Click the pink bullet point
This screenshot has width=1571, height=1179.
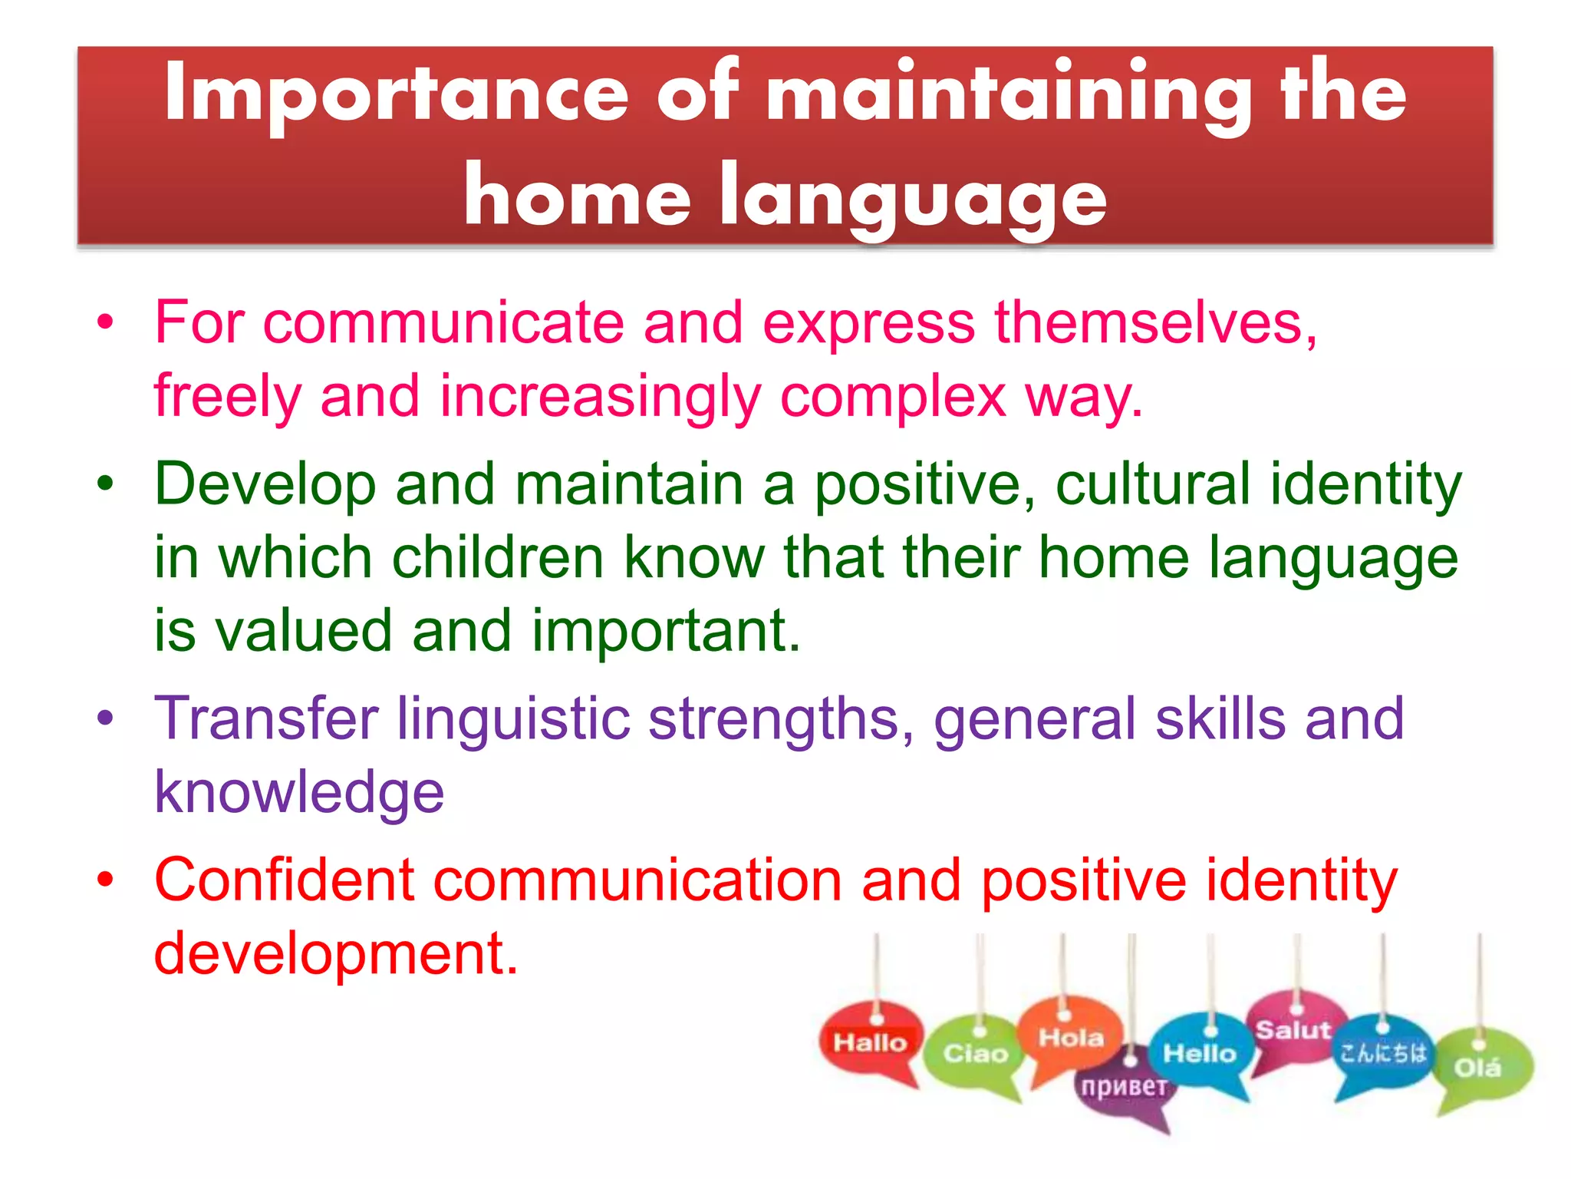105,322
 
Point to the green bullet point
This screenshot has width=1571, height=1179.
105,484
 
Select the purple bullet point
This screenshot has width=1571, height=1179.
105,718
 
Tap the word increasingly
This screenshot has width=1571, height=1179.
600,396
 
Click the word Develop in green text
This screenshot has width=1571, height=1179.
265,484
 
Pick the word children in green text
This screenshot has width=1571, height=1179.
498,557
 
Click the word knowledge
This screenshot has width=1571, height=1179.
299,792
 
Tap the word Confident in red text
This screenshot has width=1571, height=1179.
285,880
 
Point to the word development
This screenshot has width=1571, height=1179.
336,953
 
